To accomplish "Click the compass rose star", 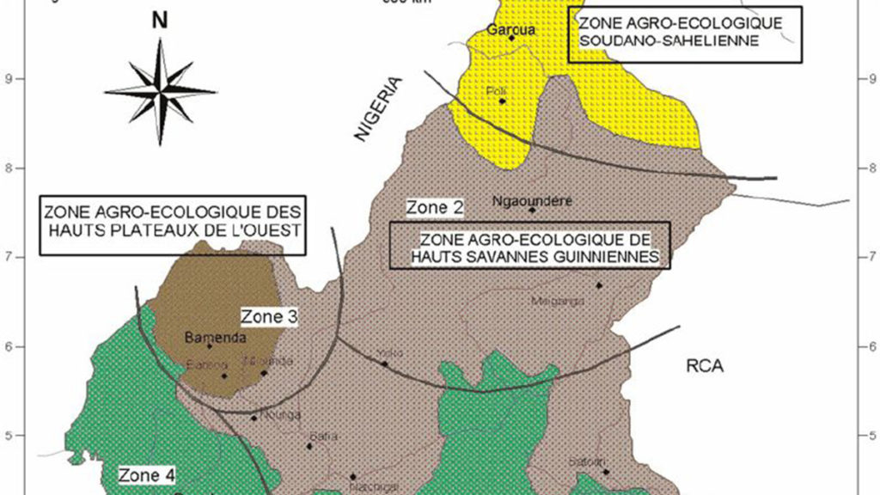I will (161, 89).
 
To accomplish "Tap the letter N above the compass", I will (160, 21).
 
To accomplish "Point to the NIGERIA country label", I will (378, 108).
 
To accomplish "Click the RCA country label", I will (705, 366).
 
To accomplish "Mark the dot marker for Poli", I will (503, 101).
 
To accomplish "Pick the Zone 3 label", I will (268, 317).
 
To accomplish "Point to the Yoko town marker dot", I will (384, 364).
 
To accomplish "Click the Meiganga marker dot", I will (599, 285).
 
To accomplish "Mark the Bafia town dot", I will (309, 446).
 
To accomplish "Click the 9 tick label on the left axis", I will (18, 79).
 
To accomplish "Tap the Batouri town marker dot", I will (605, 472).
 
